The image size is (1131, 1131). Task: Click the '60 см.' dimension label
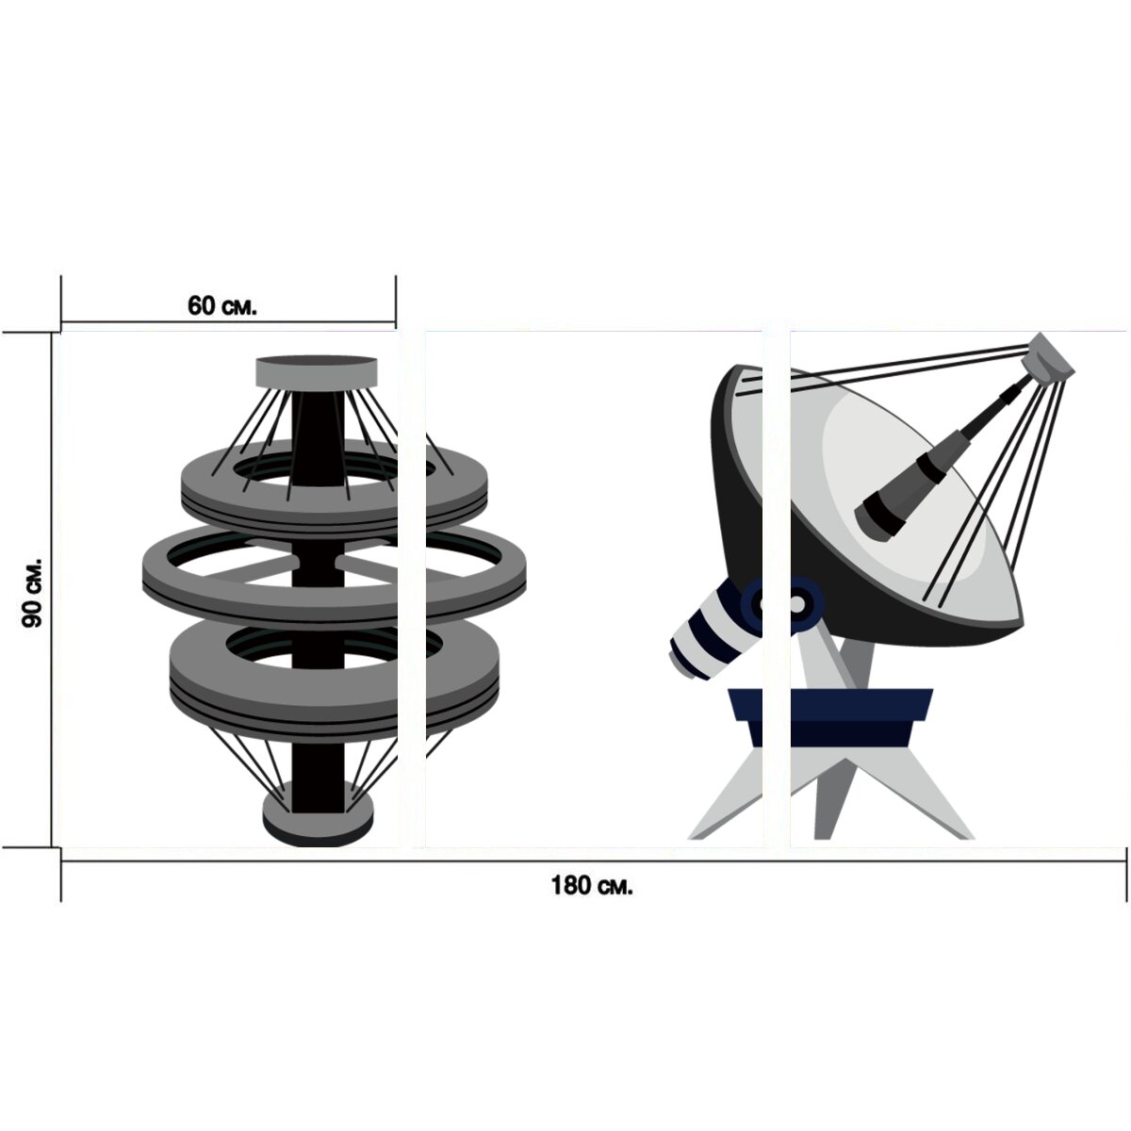[221, 305]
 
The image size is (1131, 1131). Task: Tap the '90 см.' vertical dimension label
[32, 593]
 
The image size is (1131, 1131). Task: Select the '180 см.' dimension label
[592, 886]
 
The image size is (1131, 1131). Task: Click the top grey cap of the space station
[317, 371]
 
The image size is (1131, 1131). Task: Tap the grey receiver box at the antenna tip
[1050, 357]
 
